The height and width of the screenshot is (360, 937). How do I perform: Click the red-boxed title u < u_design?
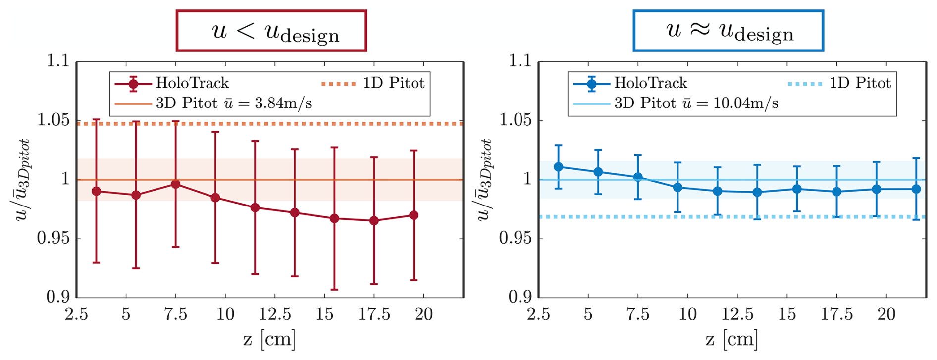point(271,31)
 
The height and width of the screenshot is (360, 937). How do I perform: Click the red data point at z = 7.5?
point(175,184)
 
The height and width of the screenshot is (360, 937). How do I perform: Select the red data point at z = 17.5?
point(374,221)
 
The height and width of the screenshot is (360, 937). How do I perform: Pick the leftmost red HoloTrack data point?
point(97,191)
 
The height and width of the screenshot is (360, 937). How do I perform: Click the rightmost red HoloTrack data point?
point(414,215)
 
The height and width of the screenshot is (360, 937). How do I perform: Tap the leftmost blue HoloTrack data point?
point(559,167)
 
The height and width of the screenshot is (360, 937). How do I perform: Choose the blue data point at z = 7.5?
point(638,177)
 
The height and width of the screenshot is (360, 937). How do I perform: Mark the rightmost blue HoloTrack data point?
point(916,189)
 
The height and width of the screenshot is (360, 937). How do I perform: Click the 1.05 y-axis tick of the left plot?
point(53,120)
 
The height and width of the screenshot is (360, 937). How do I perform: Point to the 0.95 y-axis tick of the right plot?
point(516,238)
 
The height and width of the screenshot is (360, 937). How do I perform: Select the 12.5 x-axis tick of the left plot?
point(275,314)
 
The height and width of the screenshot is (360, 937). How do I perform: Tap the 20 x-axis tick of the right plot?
point(886,314)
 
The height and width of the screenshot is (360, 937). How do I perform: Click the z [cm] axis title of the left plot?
point(269,339)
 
